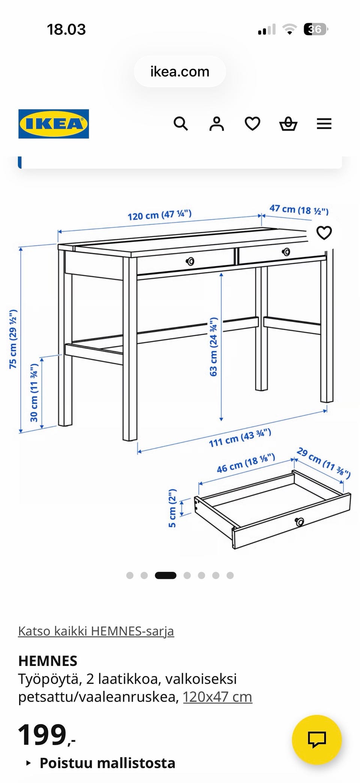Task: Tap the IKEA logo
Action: click(x=54, y=124)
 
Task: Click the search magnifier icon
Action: click(x=180, y=123)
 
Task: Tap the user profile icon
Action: click(x=216, y=123)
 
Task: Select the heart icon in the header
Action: click(x=252, y=123)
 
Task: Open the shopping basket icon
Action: click(x=288, y=123)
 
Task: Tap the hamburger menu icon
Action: click(x=324, y=124)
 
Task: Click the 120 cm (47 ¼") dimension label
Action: click(x=160, y=215)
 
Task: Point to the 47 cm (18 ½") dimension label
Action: click(x=299, y=210)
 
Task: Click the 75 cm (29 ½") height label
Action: click(x=13, y=339)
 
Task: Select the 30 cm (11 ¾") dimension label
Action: click(x=34, y=392)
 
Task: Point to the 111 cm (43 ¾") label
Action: click(x=240, y=438)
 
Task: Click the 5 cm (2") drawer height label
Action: click(x=172, y=508)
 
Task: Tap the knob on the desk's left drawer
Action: click(x=190, y=261)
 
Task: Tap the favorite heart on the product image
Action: click(x=324, y=233)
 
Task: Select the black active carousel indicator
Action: click(x=165, y=575)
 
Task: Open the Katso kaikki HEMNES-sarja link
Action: click(x=96, y=631)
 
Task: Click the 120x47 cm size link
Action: click(x=217, y=697)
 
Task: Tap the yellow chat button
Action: click(x=317, y=740)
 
